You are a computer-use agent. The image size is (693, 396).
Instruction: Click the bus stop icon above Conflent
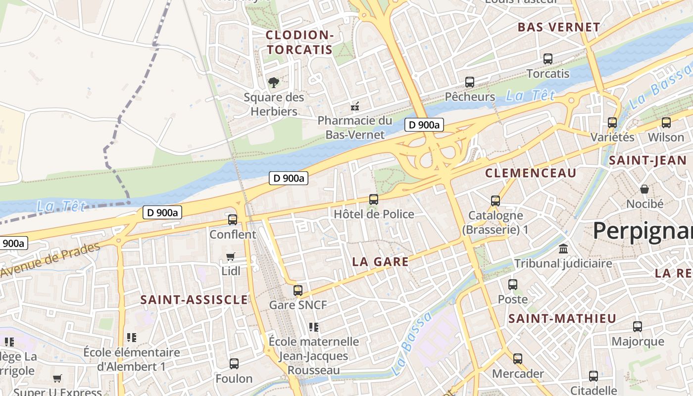233,219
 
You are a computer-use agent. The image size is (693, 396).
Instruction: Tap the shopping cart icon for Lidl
230,256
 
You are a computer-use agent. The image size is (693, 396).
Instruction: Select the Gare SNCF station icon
297,290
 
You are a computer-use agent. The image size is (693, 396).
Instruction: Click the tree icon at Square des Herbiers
273,83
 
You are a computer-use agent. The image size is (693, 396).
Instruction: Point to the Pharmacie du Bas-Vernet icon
355,106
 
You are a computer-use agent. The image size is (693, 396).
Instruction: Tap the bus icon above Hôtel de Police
374,199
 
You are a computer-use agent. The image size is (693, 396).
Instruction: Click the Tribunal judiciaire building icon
563,248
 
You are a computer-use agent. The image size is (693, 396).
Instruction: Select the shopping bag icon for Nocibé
644,189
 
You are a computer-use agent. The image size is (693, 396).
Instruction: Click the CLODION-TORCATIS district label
299,42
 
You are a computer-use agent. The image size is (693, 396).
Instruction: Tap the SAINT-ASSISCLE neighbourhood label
194,299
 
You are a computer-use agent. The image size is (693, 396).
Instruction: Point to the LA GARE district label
380,262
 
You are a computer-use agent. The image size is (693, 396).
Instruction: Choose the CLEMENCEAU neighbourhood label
531,173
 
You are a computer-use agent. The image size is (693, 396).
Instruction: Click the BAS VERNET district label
559,27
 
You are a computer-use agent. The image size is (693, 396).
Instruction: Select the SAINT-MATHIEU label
562,318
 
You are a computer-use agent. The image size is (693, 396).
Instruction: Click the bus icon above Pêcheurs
469,82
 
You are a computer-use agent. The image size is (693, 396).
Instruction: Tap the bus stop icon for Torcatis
548,58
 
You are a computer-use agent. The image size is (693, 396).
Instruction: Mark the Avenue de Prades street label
49,260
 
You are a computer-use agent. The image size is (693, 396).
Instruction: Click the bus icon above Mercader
518,358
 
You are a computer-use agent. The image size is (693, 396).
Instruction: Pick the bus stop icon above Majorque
638,327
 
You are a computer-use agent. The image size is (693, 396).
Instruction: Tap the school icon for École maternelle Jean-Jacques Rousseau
313,327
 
